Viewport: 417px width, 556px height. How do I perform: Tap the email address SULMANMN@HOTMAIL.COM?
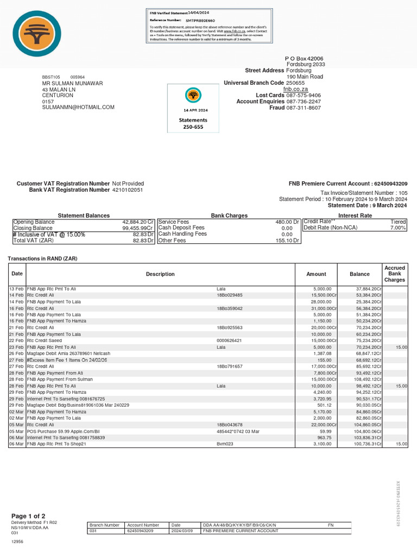pos(78,108)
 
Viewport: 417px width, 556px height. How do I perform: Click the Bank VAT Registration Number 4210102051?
pos(128,190)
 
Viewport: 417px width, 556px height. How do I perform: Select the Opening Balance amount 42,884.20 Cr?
pos(138,222)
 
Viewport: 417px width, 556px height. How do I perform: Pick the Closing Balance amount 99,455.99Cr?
pos(138,229)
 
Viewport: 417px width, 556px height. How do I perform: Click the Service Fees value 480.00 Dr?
pos(287,222)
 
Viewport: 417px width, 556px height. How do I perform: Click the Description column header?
pos(160,274)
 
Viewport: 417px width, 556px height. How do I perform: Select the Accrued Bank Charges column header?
pos(394,274)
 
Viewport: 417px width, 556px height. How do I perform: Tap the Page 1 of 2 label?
pos(28,516)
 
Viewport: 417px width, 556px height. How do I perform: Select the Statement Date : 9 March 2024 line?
pos(367,206)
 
